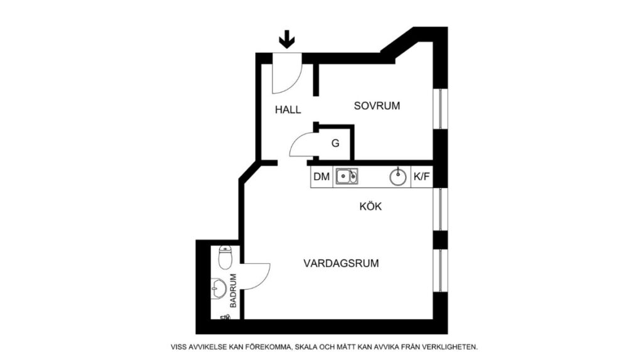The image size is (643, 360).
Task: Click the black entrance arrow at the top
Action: (x=287, y=40)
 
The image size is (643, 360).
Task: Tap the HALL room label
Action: (x=288, y=109)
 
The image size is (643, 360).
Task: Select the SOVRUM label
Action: (x=377, y=106)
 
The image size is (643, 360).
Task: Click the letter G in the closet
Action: (x=335, y=143)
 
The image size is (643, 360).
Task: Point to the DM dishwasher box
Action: (x=321, y=177)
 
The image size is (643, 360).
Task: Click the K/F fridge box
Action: (x=421, y=177)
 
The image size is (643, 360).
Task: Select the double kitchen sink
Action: (x=346, y=177)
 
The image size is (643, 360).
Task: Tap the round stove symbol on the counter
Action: (x=398, y=177)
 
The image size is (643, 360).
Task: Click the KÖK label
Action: (x=370, y=206)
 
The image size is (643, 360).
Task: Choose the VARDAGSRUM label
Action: (x=341, y=263)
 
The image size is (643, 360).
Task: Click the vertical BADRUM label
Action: (x=233, y=290)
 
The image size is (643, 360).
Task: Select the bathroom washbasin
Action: (x=219, y=289)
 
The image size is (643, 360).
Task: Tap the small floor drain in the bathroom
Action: (x=225, y=317)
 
